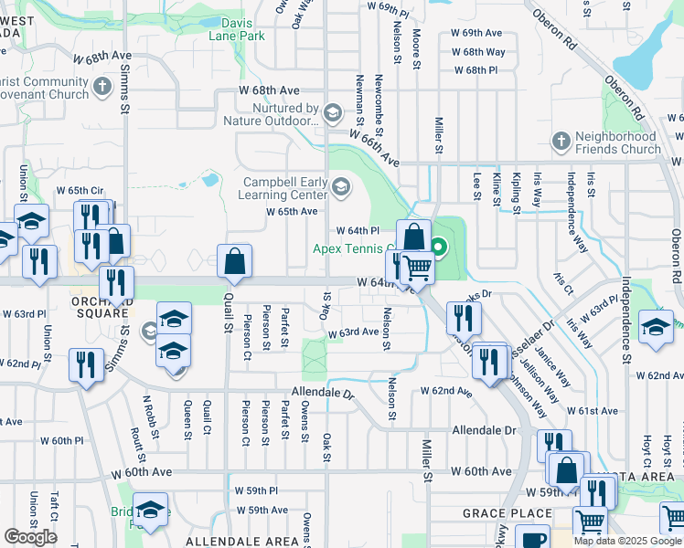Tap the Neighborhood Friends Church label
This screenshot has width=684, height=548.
click(617, 142)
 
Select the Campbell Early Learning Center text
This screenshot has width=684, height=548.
click(284, 188)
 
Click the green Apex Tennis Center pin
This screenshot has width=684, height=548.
click(439, 247)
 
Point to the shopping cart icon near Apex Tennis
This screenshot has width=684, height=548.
click(417, 267)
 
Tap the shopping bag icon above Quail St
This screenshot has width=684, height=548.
click(235, 260)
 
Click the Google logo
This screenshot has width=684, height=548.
click(30, 537)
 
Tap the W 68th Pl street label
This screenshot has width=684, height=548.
click(476, 70)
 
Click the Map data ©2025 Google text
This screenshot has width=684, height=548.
click(627, 541)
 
